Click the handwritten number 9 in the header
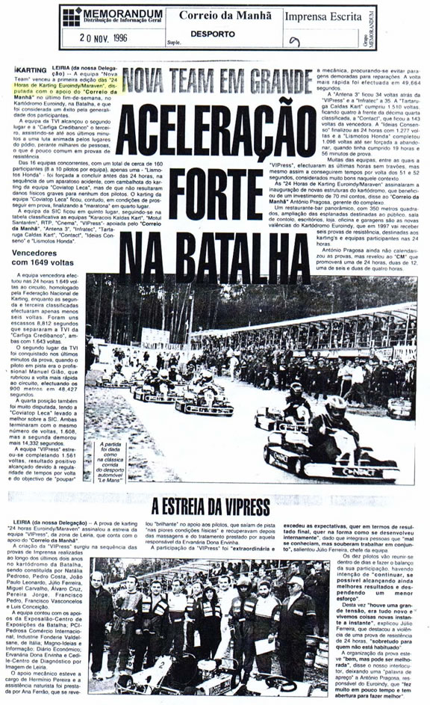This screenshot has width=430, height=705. [x=296, y=41]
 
